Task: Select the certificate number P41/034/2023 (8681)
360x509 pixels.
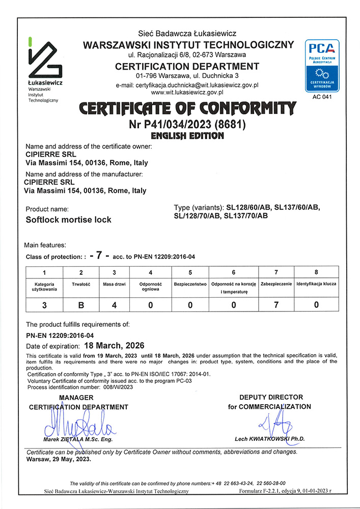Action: point(187,125)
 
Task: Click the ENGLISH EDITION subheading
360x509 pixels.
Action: point(187,136)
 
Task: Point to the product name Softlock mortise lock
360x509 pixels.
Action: point(68,220)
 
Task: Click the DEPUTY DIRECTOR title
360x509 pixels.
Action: point(271,397)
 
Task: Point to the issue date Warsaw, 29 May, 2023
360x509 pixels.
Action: point(59,459)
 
